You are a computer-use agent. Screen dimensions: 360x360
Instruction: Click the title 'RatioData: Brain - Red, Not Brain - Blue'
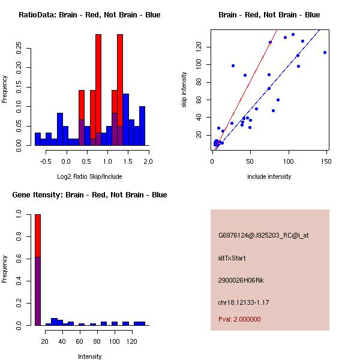pyautogui.click(x=89, y=15)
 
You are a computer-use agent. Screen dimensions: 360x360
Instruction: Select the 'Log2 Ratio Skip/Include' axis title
pyautogui.click(x=89, y=176)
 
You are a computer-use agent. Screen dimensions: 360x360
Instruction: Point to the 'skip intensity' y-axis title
pyautogui.click(x=184, y=89)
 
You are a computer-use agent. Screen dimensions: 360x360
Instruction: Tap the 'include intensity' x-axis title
pyautogui.click(x=269, y=176)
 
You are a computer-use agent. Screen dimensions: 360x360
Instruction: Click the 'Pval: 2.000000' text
pyautogui.click(x=239, y=319)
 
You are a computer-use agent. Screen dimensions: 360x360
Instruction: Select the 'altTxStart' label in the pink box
pyautogui.click(x=232, y=258)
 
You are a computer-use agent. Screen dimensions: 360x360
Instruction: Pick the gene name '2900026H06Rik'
pyautogui.click(x=241, y=280)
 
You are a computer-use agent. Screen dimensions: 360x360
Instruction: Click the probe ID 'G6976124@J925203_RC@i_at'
pyautogui.click(x=263, y=236)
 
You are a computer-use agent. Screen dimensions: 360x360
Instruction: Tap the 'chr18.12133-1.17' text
pyautogui.click(x=244, y=302)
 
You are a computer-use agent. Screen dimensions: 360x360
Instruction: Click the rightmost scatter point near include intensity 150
pyautogui.click(x=325, y=53)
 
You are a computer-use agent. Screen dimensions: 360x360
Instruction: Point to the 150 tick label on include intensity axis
pyautogui.click(x=326, y=161)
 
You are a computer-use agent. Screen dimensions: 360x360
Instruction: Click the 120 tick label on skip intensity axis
pyautogui.click(x=199, y=47)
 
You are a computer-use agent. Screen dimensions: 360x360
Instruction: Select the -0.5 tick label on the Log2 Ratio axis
pyautogui.click(x=46, y=161)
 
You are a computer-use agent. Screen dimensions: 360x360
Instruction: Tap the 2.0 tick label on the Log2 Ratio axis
pyautogui.click(x=148, y=161)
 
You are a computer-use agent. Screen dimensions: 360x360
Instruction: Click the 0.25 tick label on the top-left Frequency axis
pyautogui.click(x=19, y=48)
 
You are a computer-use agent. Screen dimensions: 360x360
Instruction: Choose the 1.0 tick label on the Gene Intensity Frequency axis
pyautogui.click(x=19, y=214)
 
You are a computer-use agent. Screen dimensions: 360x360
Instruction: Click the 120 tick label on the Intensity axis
pyautogui.click(x=132, y=341)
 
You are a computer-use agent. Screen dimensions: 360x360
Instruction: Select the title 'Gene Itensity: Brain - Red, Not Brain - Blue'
pyautogui.click(x=89, y=195)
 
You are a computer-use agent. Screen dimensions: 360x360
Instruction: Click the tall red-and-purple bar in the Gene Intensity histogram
pyautogui.click(x=38, y=270)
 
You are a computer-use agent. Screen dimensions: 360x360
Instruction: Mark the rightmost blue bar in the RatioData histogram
pyautogui.click(x=142, y=126)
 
